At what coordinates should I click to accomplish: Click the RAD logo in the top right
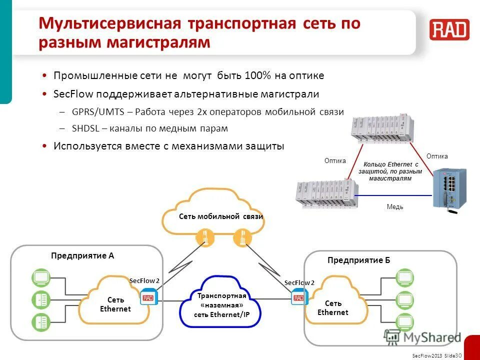click(x=449, y=29)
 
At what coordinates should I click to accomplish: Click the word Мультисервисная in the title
click(x=109, y=24)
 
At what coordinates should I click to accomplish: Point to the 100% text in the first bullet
click(x=257, y=75)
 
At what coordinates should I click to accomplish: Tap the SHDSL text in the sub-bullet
click(x=85, y=128)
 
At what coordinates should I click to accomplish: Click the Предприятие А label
click(x=82, y=255)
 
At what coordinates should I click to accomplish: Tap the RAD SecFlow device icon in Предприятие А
click(x=148, y=298)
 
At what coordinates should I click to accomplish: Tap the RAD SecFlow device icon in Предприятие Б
click(x=298, y=298)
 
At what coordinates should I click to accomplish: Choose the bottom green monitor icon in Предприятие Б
click(x=404, y=322)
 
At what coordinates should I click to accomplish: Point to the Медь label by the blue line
click(x=394, y=206)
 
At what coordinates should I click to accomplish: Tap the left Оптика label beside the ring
click(x=335, y=160)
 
